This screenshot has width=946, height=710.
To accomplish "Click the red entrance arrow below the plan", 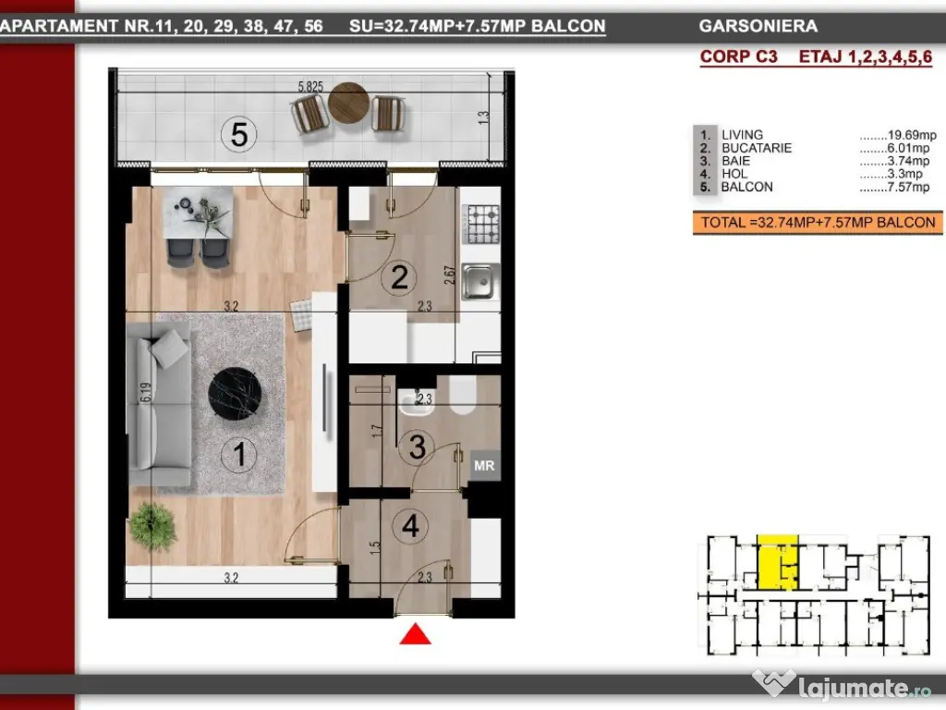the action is tap(415, 634).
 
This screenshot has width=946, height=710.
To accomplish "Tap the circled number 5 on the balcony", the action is tap(239, 134).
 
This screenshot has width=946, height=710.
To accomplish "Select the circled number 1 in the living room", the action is tap(239, 454).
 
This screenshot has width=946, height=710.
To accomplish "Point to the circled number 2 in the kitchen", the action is tap(399, 277).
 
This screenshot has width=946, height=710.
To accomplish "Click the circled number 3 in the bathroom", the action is tap(417, 447).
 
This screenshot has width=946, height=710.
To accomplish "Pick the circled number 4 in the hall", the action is tap(411, 526).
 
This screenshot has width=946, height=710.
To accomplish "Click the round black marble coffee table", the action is tap(235, 393).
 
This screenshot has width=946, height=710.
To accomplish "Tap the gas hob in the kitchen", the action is tap(480, 224).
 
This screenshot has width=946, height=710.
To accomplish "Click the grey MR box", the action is tap(484, 466).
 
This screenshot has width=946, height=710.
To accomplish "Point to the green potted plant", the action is tap(152, 526).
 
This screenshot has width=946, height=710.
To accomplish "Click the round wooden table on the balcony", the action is tap(348, 104).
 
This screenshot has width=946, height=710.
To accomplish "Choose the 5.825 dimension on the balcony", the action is tap(310, 87).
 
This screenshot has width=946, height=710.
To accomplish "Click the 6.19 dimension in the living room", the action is tap(145, 392).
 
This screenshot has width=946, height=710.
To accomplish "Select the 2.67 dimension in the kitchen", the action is tap(450, 275).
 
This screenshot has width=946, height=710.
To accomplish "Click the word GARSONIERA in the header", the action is tap(758, 26).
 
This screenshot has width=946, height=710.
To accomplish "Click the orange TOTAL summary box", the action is tap(818, 222).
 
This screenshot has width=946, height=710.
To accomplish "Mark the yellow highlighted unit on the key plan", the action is tap(778, 562).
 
